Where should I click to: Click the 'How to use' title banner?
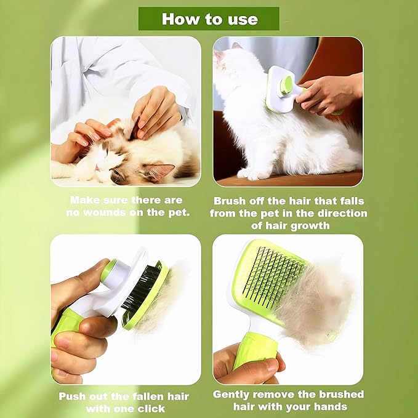(x=209, y=19)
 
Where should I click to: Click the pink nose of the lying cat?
(x=98, y=167)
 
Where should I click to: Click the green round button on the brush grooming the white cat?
(x=286, y=85)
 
